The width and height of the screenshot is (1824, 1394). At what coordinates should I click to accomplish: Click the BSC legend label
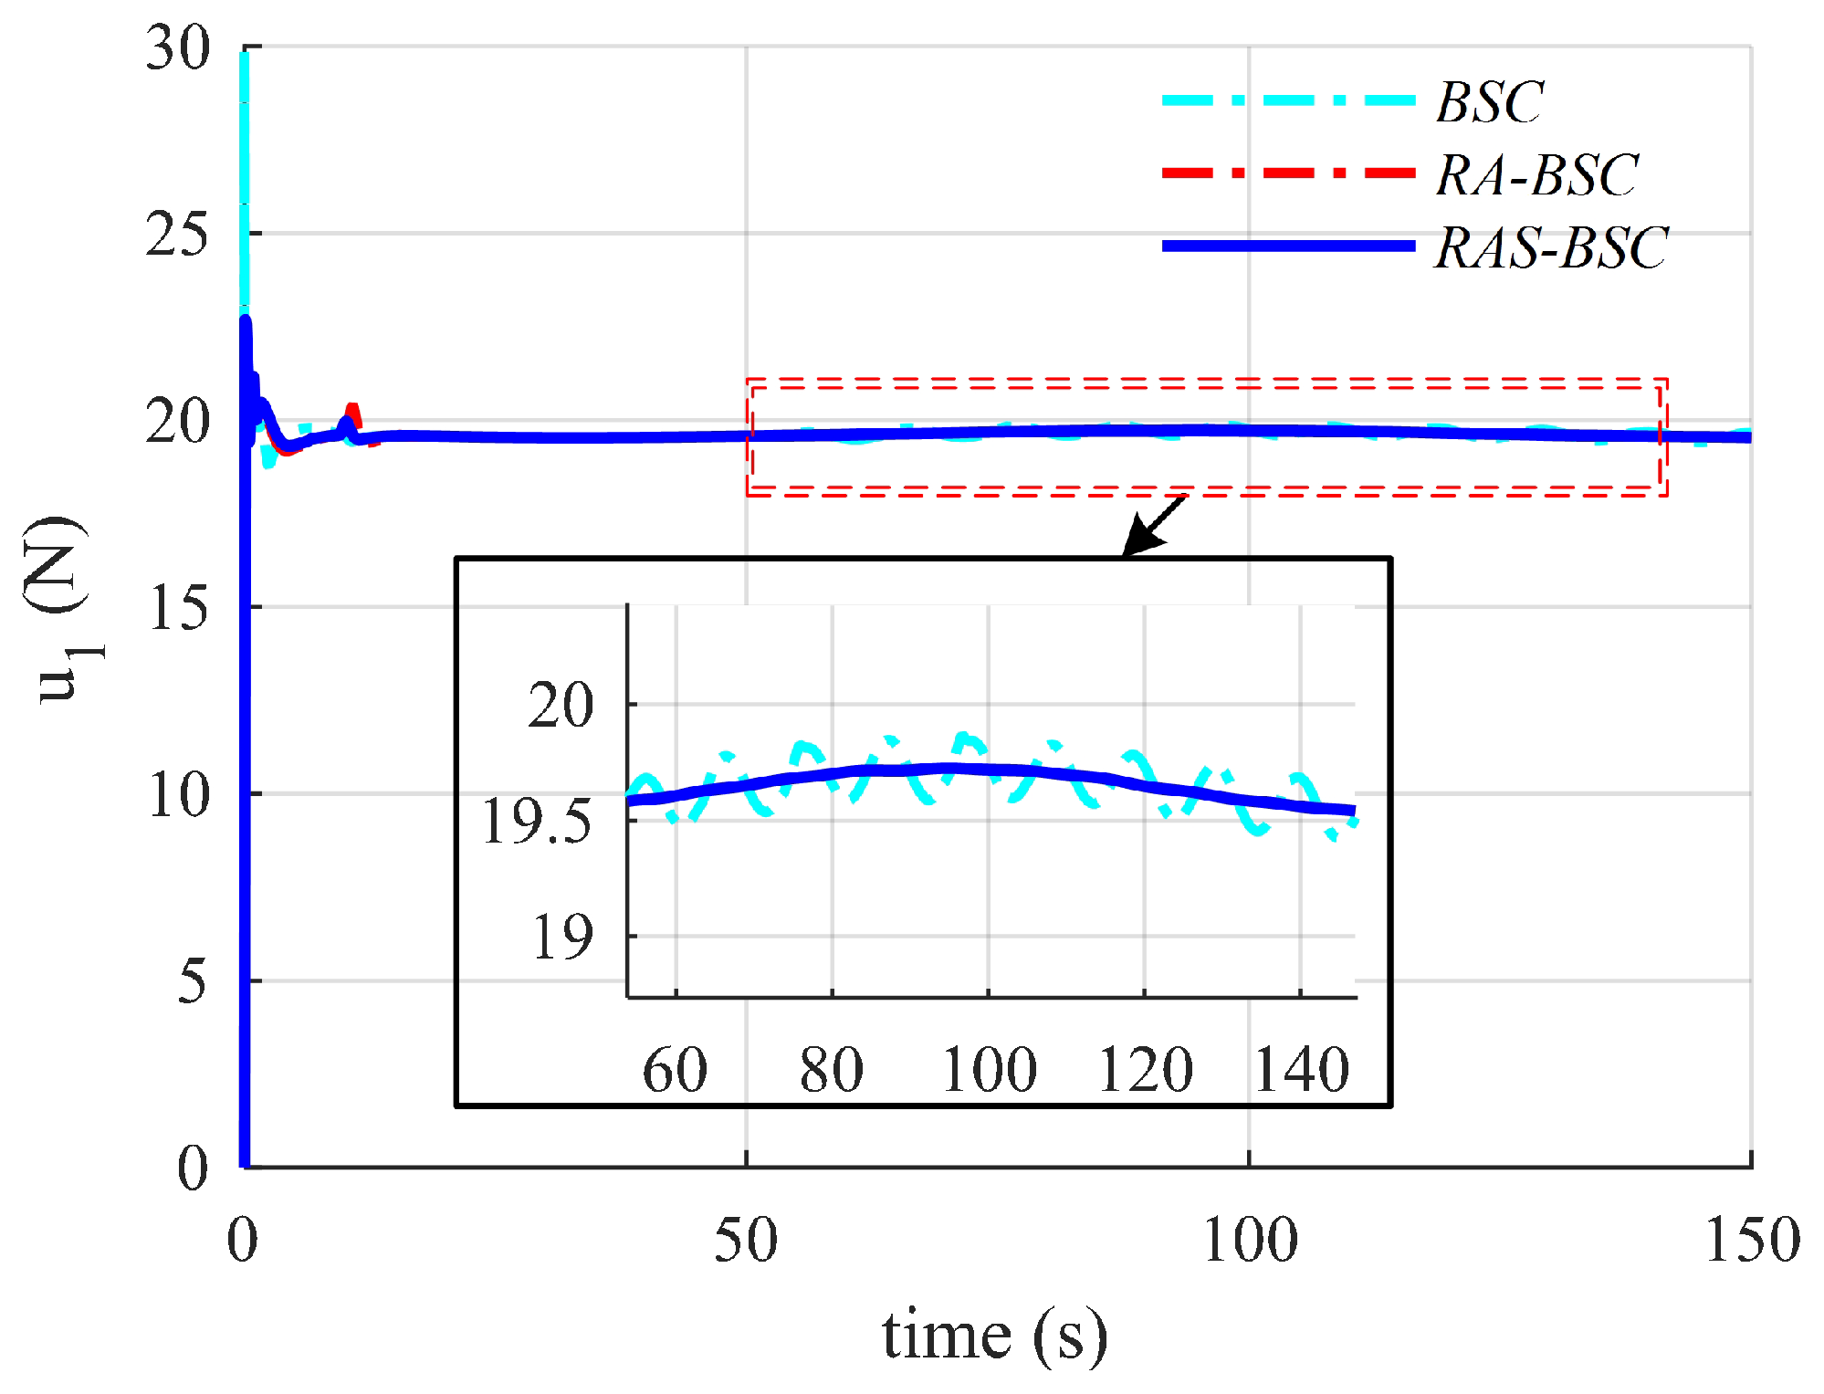pyautogui.click(x=1489, y=101)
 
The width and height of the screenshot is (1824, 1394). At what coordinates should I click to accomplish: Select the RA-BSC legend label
pyautogui.click(x=1536, y=174)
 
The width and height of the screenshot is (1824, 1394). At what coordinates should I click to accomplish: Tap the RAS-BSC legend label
pyautogui.click(x=1551, y=247)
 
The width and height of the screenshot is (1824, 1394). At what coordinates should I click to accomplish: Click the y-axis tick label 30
pyautogui.click(x=178, y=47)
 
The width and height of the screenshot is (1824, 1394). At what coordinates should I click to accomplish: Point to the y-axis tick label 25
pyautogui.click(x=178, y=236)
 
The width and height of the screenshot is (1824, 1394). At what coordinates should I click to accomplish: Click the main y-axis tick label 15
pyautogui.click(x=178, y=608)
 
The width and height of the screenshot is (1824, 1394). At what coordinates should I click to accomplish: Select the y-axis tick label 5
pyautogui.click(x=193, y=982)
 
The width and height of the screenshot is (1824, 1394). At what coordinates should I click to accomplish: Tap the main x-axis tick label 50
pyautogui.click(x=745, y=1240)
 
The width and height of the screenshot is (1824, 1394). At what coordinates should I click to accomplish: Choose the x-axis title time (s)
pyautogui.click(x=994, y=1335)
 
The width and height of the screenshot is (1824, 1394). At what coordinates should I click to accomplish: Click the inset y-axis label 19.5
pyautogui.click(x=537, y=821)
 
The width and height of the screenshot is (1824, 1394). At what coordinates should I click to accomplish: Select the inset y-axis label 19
pyautogui.click(x=561, y=937)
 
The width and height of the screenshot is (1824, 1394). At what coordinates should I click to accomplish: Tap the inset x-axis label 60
pyautogui.click(x=675, y=1069)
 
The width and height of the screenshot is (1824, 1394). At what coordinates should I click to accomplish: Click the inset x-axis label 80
pyautogui.click(x=831, y=1069)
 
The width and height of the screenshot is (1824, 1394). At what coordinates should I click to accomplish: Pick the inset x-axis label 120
pyautogui.click(x=1145, y=1069)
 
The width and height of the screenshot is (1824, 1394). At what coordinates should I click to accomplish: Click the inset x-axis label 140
pyautogui.click(x=1301, y=1069)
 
